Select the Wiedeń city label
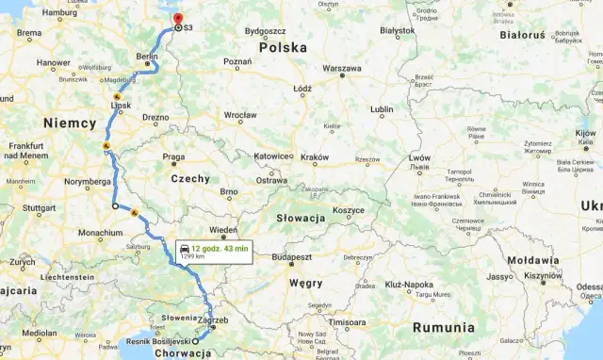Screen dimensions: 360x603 (x=222, y=231)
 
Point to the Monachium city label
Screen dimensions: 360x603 (x=100, y=232)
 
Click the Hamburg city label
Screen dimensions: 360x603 (x=58, y=13)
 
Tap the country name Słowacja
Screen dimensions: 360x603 (x=301, y=218)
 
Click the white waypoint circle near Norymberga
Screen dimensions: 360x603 (x=115, y=205)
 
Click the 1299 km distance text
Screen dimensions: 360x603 (x=192, y=256)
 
